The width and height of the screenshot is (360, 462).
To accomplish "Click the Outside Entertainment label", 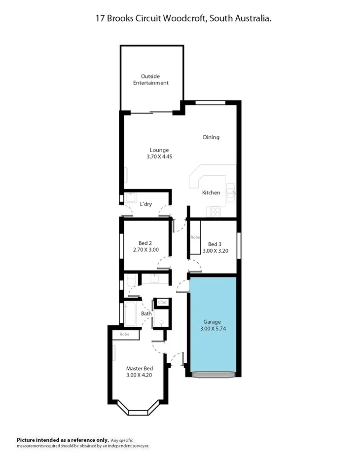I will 154,79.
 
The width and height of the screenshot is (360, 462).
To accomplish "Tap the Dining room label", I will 211,137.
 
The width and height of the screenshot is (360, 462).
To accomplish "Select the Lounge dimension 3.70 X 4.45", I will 159,156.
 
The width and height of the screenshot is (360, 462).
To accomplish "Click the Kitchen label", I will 211,192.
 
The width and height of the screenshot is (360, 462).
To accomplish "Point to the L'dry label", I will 145,204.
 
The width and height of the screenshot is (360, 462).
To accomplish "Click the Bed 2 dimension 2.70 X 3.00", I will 145,250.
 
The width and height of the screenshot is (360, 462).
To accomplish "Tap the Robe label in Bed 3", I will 196,237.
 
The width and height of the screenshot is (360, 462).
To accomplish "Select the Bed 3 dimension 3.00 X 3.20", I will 215,250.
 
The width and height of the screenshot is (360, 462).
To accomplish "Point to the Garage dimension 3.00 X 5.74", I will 214,328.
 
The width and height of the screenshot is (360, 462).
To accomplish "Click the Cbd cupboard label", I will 162,302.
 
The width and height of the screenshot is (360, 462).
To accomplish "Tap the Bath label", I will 146,313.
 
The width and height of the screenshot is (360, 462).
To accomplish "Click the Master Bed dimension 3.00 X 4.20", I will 139,375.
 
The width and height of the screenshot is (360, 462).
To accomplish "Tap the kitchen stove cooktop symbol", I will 216,211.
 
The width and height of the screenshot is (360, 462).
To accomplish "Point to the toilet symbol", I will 131,282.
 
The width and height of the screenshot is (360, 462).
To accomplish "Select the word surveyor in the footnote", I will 140,446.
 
